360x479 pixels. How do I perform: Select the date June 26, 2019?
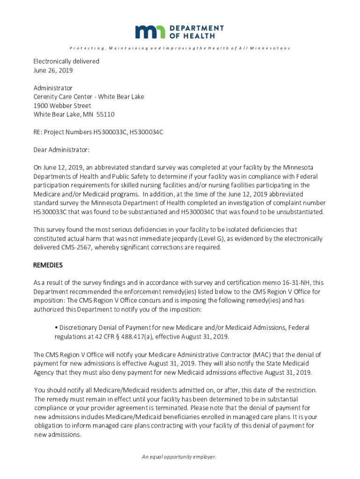coord(53,71)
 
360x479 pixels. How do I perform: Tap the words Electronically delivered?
coord(66,61)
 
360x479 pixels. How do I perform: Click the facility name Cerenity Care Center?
coord(63,97)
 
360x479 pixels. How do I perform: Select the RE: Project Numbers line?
coord(98,132)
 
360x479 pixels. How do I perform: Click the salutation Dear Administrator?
coord(61,150)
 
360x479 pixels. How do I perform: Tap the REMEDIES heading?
coord(48,265)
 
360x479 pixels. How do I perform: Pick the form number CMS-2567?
coord(69,247)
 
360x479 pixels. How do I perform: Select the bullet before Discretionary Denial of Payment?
coord(56,328)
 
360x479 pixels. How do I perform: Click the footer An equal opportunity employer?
coord(180,457)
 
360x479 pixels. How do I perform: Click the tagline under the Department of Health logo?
coord(180,48)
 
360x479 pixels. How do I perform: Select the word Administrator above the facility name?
coord(53,88)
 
